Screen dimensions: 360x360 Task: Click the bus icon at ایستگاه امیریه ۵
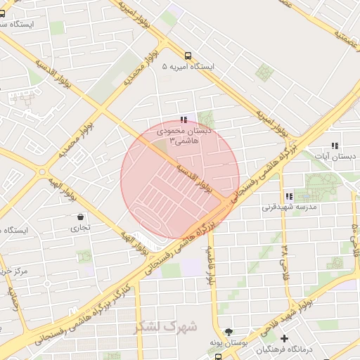tap(188, 56)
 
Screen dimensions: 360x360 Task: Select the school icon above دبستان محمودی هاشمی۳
tap(184, 120)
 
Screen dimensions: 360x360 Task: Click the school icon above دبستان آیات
tap(335, 146)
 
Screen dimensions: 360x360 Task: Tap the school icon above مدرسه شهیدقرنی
tap(288, 196)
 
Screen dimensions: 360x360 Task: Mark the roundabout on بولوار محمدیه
tap(44, 172)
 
